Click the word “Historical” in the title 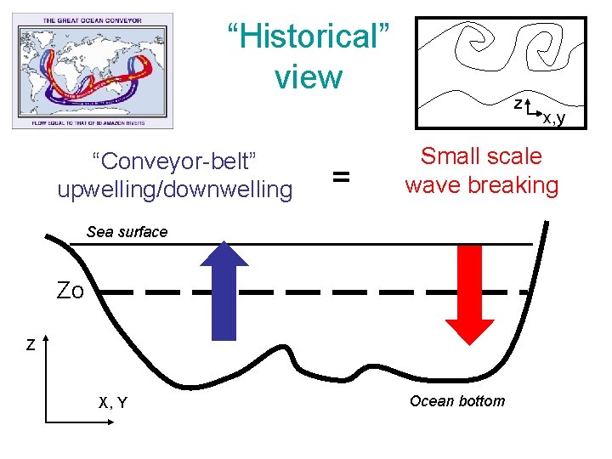pyautogui.click(x=309, y=37)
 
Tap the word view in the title pyautogui.click(x=308, y=76)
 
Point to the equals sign pyautogui.click(x=341, y=177)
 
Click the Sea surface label pyautogui.click(x=127, y=232)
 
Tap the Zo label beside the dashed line pyautogui.click(x=70, y=292)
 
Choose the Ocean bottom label pyautogui.click(x=456, y=401)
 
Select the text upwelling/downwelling pyautogui.click(x=174, y=189)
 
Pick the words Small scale pyautogui.click(x=481, y=156)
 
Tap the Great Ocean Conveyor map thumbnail pyautogui.click(x=92, y=70)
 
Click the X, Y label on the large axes pyautogui.click(x=113, y=403)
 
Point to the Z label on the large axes pyautogui.click(x=31, y=346)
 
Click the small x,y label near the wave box pyautogui.click(x=554, y=118)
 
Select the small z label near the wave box pyautogui.click(x=517, y=104)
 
